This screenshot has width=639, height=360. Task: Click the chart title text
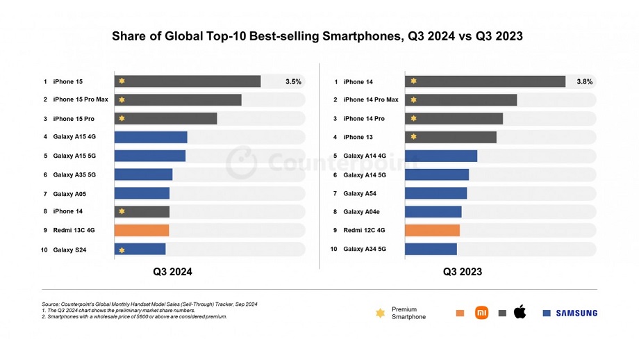[319, 36]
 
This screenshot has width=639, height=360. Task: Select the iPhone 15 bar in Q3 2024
[188, 81]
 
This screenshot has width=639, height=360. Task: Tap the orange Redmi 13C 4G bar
[142, 230]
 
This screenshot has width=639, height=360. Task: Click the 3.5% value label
[293, 81]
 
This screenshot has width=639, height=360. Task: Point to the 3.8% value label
[584, 81]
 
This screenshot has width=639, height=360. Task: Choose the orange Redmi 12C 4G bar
[432, 230]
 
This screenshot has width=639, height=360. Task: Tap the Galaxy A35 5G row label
[74, 174]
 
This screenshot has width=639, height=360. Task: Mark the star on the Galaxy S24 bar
[122, 249]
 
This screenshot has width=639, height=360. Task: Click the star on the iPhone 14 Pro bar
[413, 119]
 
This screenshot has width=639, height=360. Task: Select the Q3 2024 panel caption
[172, 272]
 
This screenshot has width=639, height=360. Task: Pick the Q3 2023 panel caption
[463, 272]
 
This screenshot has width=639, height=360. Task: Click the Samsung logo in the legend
[576, 313]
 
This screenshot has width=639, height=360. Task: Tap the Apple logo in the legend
[520, 312]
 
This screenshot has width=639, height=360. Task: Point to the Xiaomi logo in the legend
[481, 313]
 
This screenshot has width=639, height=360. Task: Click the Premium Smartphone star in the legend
[380, 313]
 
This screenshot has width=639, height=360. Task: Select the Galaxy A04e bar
[433, 211]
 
